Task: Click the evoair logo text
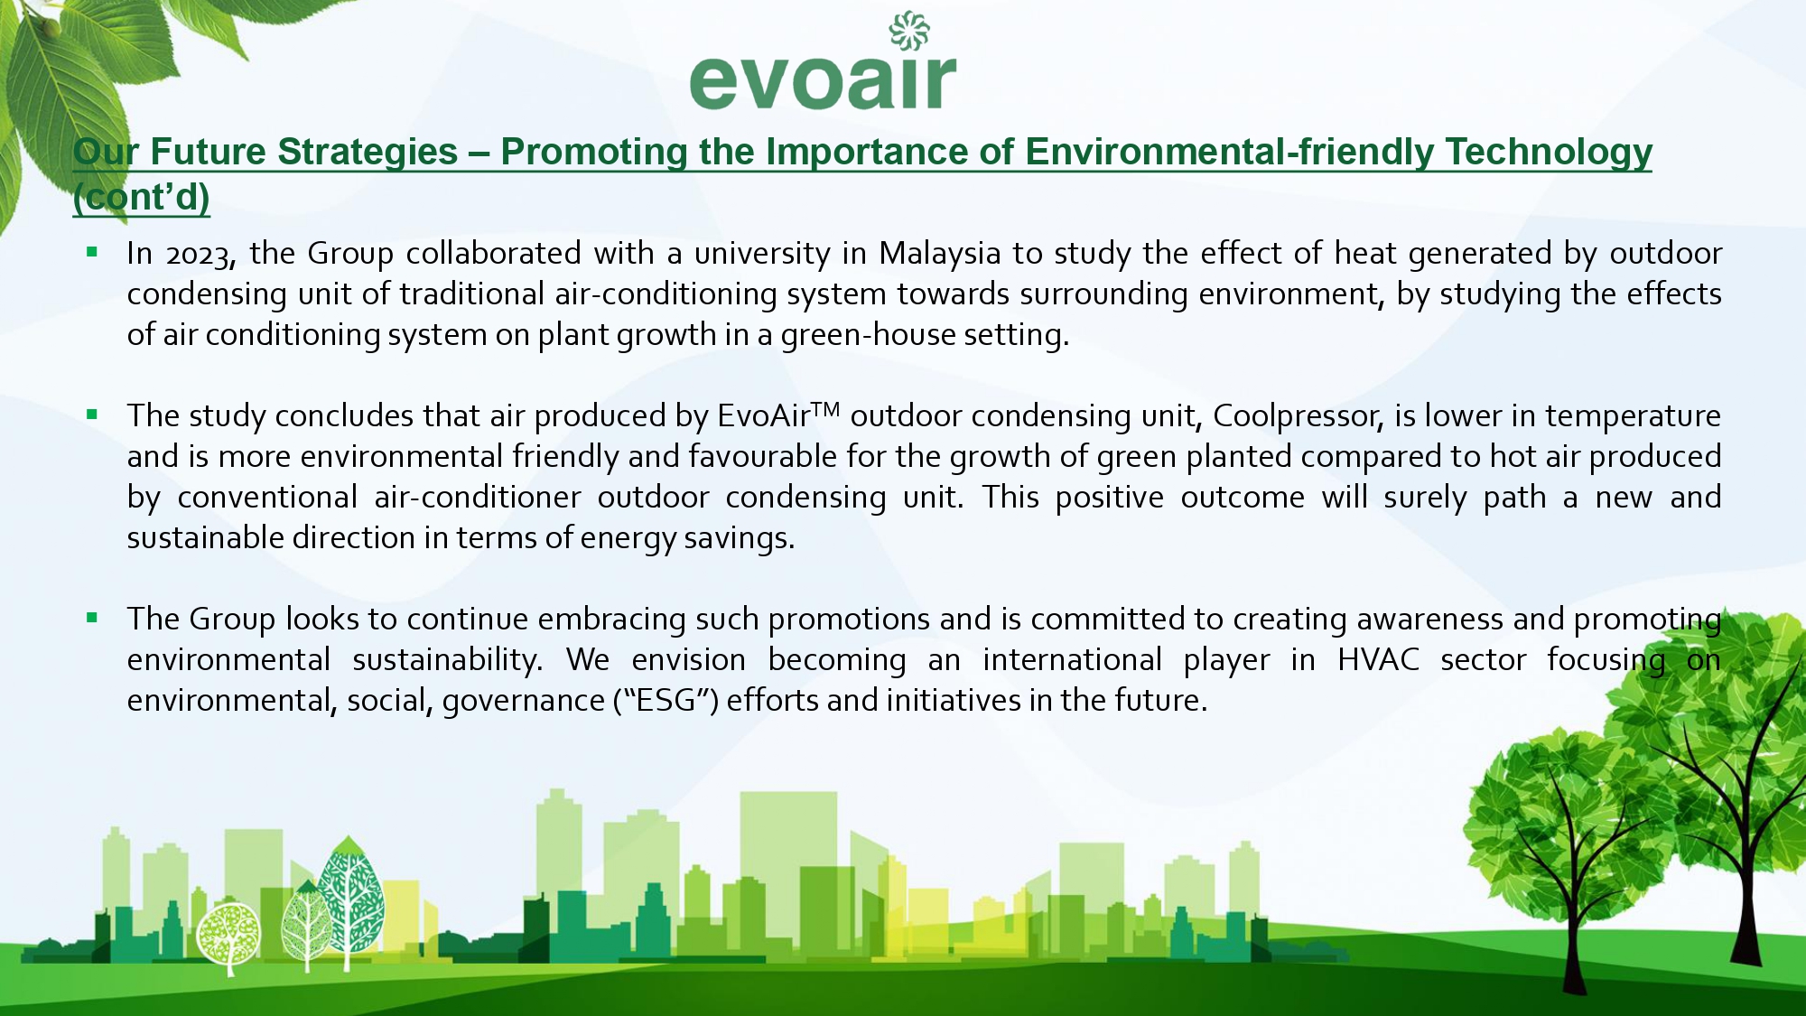click(823, 80)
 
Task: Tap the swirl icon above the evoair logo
click(909, 31)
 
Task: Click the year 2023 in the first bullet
click(200, 255)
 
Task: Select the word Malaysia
click(940, 255)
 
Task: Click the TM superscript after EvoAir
click(825, 409)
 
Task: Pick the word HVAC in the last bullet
click(1378, 660)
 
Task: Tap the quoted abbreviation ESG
click(666, 701)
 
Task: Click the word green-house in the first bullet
click(867, 336)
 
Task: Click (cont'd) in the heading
click(142, 198)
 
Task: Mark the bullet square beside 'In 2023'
click(92, 252)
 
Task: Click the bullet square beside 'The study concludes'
click(92, 415)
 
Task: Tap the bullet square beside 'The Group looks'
click(92, 618)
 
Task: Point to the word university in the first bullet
click(762, 255)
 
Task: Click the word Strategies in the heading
click(368, 153)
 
